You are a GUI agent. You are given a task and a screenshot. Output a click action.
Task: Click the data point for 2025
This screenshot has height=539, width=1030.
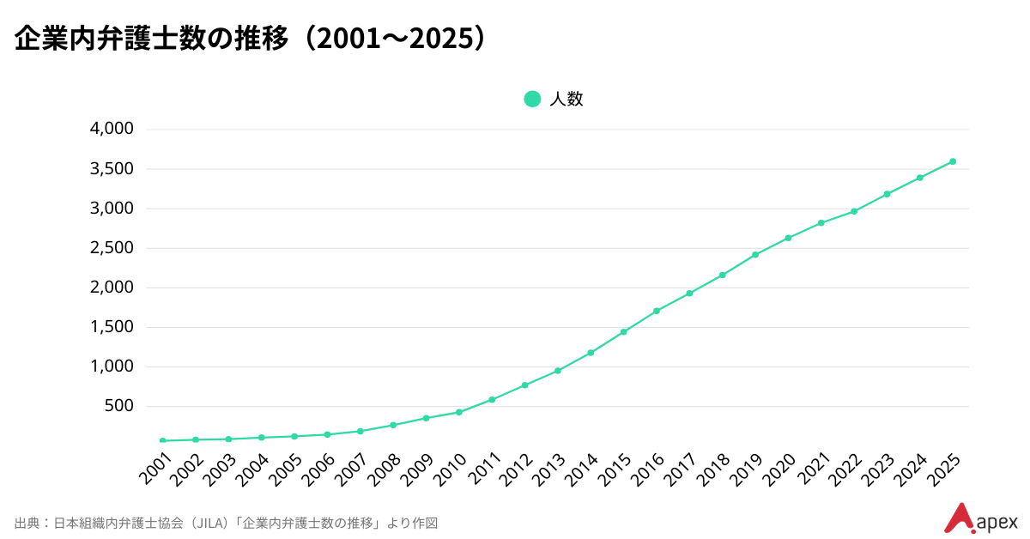953,161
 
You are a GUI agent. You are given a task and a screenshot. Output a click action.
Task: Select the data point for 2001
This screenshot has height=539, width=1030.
162,440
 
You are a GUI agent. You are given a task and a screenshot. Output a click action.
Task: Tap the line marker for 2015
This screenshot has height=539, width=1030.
623,332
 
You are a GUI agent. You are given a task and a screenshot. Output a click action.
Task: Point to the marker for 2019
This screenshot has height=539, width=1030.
755,255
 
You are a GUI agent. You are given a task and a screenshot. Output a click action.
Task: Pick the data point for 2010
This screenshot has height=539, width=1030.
459,412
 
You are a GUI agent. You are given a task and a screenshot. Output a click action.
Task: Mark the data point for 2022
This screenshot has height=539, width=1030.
854,211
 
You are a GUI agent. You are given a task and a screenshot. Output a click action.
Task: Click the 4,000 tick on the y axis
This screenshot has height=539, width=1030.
112,129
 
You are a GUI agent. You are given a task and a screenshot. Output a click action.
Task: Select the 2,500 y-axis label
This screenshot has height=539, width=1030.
112,248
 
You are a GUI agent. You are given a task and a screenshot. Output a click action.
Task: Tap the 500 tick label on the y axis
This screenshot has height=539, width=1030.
118,406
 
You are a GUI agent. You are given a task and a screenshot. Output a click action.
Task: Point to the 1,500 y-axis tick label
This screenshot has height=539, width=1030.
112,327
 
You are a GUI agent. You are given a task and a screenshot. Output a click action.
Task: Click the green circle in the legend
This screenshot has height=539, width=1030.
532,99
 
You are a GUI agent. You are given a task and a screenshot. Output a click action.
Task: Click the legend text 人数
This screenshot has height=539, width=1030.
566,99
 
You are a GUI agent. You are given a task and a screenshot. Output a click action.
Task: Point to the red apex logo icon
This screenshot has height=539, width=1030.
958,518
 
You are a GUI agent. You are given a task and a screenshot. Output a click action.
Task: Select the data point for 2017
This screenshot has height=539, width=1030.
689,294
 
